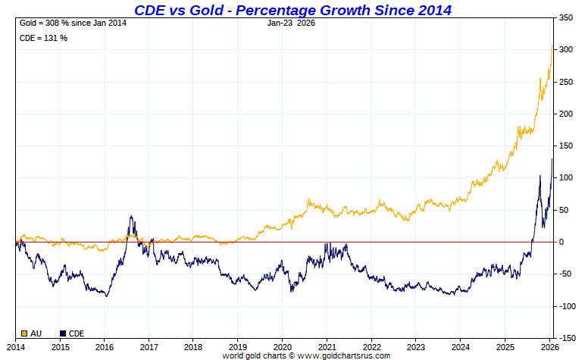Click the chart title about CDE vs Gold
[292, 10]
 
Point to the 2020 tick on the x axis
[282, 346]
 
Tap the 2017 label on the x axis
[149, 346]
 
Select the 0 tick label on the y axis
[562, 242]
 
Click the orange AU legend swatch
[23, 333]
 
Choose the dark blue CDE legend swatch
[63, 333]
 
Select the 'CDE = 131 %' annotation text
[43, 38]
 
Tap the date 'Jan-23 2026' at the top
[292, 23]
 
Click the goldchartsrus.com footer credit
[306, 355]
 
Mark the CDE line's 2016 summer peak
[131, 217]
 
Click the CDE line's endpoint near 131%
[552, 158]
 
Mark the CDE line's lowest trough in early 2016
[106, 296]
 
